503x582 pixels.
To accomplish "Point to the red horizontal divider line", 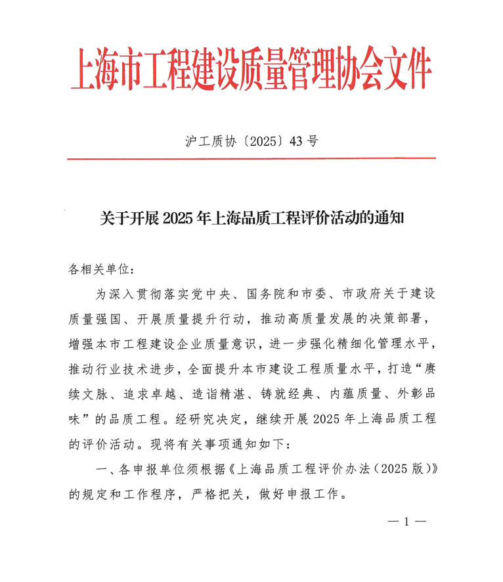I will [x=251, y=158].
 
